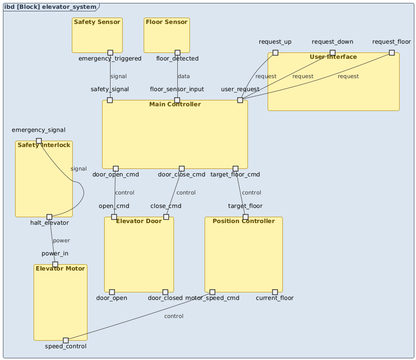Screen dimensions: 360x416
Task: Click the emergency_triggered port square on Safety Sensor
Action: [110, 53]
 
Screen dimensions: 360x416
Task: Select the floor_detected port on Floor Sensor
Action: [177, 53]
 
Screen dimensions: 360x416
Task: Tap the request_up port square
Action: [275, 53]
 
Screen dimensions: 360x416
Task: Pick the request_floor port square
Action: [392, 53]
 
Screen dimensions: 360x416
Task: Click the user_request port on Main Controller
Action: [240, 100]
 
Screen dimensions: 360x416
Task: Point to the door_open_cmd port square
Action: [116, 168]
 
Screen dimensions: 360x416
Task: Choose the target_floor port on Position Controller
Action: [245, 217]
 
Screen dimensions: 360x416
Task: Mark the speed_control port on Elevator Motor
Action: [66, 340]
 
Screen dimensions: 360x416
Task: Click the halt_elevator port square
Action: [49, 217]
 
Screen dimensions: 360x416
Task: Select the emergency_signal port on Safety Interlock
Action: [39, 141]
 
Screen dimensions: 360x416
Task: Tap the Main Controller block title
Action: [175, 104]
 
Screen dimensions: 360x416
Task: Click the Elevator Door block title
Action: [139, 221]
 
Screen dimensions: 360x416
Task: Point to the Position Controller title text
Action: [244, 221]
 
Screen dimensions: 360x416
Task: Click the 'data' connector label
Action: [184, 76]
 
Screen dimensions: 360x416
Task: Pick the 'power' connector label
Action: [61, 241]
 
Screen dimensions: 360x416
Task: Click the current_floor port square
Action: [275, 292]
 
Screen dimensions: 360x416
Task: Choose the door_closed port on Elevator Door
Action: [165, 292]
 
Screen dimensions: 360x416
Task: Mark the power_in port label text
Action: [55, 253]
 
